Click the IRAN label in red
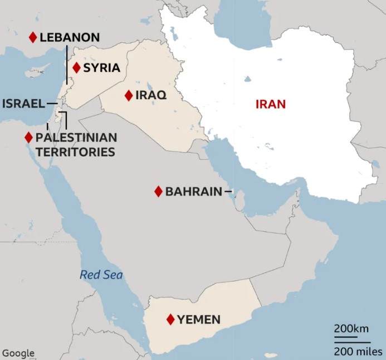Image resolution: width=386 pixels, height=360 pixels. [270, 104]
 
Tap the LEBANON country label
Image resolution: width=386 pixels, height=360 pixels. [70, 38]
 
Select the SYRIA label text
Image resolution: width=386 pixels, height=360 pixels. [101, 68]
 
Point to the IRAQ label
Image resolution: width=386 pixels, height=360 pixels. [152, 95]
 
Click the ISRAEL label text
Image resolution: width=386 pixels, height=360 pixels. [23, 104]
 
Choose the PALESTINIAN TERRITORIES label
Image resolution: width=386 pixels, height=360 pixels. [76, 144]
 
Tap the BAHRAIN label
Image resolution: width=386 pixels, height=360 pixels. [193, 192]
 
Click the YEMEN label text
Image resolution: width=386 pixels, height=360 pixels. [199, 320]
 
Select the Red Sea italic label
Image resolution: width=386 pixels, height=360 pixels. [101, 275]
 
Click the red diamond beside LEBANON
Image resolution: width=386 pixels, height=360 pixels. [33, 37]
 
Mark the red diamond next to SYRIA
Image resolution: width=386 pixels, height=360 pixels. [76, 68]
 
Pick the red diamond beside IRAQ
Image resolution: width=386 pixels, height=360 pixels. [129, 95]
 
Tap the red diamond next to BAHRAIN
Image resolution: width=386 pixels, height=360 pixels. [158, 192]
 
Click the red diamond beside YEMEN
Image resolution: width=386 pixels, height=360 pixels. [170, 320]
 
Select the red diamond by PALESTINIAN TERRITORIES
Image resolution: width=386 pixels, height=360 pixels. [28, 137]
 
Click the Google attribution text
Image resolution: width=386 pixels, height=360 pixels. [18, 353]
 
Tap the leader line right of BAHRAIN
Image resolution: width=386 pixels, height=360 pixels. [228, 192]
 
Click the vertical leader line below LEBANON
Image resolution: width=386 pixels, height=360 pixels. [66, 66]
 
